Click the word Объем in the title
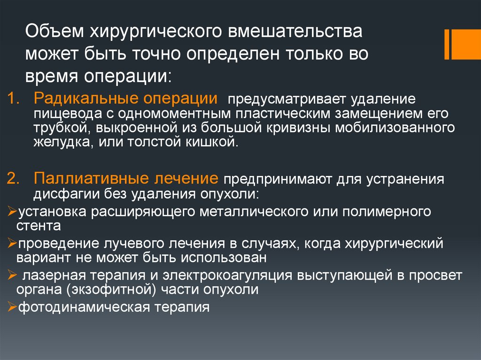tap(54, 31)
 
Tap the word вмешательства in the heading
tap(295, 31)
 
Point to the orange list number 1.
tap(13, 99)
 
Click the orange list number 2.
tap(13, 178)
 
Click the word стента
tap(39, 226)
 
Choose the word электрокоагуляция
tap(227, 276)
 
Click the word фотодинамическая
tap(84, 307)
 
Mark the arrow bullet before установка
tap(12, 211)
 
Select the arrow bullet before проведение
tap(12, 243)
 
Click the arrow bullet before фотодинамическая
tap(12, 306)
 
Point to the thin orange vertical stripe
tap(447, 45)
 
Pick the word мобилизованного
tap(395, 128)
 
